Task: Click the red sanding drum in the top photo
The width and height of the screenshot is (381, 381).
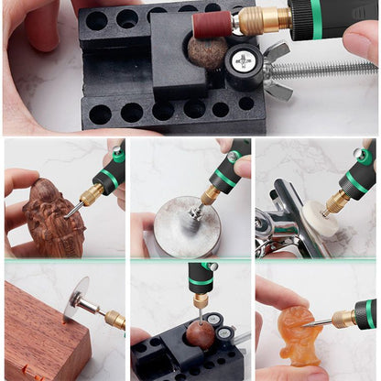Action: [212, 24]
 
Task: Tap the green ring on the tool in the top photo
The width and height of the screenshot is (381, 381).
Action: [316, 18]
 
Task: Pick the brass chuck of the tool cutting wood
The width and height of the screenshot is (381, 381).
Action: [114, 320]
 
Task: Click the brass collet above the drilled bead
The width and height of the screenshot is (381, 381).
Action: [201, 300]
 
